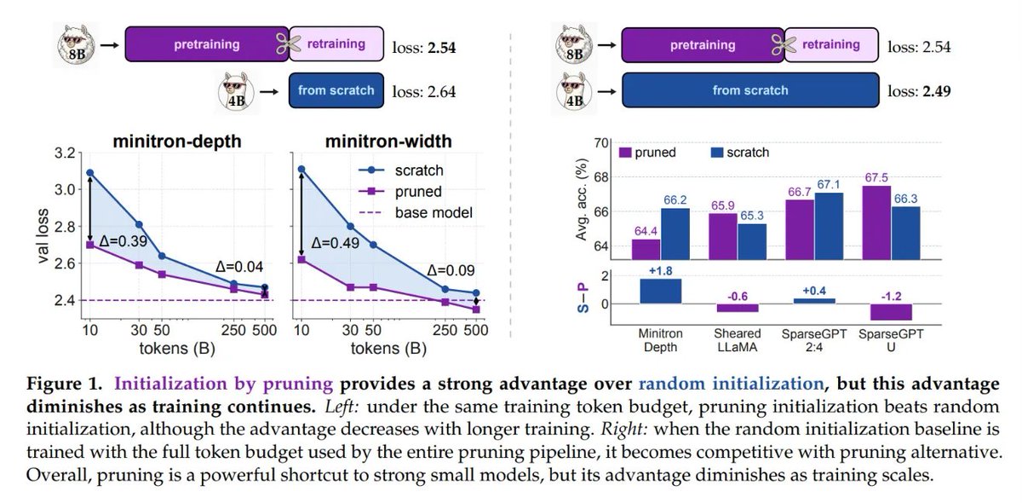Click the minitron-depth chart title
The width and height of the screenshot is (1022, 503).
point(177,142)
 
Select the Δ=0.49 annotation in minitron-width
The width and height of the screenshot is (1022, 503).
point(335,243)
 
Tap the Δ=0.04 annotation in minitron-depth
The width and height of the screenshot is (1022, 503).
point(239,266)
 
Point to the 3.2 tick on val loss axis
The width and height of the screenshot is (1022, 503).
point(65,153)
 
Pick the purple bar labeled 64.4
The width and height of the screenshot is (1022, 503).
point(646,249)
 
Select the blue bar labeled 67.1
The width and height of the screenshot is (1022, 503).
point(829,226)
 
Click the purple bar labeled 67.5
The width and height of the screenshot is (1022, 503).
point(876,223)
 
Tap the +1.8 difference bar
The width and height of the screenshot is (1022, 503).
point(661,291)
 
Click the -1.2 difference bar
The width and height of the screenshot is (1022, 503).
point(891,312)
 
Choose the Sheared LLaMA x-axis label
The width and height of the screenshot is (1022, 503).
point(738,340)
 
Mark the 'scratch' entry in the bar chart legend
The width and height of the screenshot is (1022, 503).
point(740,152)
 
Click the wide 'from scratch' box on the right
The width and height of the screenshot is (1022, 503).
point(750,90)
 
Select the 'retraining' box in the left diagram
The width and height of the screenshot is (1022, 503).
point(336,43)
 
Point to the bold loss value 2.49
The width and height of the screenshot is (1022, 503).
point(937,91)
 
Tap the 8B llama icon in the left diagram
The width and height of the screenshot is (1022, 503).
point(76,45)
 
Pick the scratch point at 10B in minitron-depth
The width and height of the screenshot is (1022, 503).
point(90,173)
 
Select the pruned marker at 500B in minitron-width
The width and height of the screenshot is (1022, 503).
point(476,309)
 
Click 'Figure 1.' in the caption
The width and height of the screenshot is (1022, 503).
point(65,384)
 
